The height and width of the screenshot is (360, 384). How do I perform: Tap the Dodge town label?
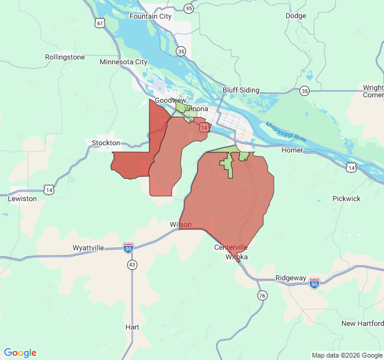pos(296,16)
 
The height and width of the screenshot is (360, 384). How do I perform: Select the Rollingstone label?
pos(65,57)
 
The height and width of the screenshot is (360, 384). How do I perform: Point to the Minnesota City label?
pos(123,62)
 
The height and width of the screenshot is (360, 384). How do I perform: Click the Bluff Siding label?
pos(241,90)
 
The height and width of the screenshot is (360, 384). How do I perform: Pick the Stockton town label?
pos(106,143)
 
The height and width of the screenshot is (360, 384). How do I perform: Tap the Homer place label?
pos(292,150)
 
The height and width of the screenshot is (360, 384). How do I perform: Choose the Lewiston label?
pos(22,198)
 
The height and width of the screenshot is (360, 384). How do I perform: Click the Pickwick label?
pos(347,198)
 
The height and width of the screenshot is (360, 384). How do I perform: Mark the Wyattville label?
pos(88,248)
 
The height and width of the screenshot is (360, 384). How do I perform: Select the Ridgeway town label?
pos(290,278)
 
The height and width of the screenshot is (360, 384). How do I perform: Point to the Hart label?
pos(132,327)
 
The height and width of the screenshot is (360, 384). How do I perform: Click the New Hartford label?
pos(362,323)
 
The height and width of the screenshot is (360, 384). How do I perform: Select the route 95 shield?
pos(189,8)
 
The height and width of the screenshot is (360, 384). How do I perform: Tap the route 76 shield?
pos(262,295)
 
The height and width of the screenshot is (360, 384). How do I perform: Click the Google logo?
pos(20,353)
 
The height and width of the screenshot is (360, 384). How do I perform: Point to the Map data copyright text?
pos(346,355)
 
